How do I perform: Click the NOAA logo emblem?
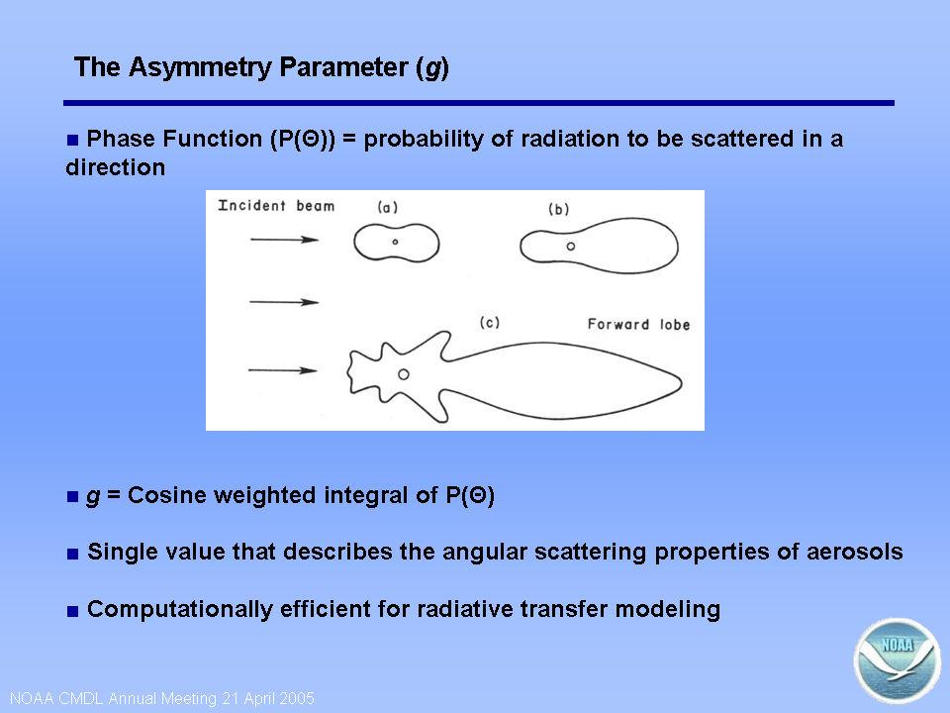(898, 661)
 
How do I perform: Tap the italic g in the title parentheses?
(432, 68)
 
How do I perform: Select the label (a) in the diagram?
(388, 207)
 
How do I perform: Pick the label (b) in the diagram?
(558, 209)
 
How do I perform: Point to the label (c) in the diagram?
(490, 322)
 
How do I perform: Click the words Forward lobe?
(638, 325)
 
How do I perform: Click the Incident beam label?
(276, 206)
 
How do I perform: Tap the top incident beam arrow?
(284, 240)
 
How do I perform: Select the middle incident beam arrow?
(284, 302)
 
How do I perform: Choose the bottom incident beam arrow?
(282, 370)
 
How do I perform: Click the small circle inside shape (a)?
(395, 242)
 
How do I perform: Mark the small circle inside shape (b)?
(571, 247)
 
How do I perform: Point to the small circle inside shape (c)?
(404, 374)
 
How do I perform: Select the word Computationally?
(180, 609)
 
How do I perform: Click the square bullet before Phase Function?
(72, 140)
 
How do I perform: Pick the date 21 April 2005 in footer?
(268, 698)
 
